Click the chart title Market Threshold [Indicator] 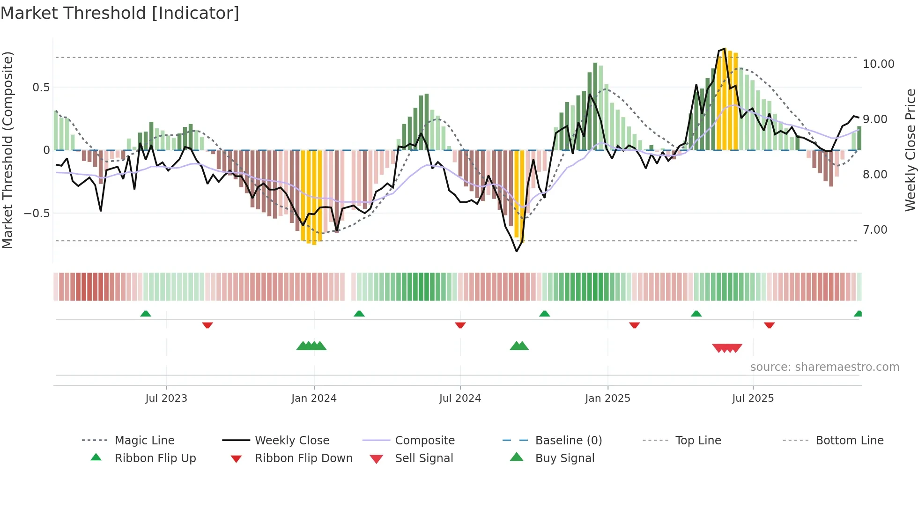[x=120, y=13]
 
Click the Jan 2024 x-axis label [x=314, y=398]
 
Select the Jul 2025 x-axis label [x=753, y=398]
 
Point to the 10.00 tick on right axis [x=878, y=64]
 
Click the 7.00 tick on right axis [x=875, y=230]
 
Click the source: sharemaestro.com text [x=824, y=367]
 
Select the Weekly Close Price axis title [x=910, y=150]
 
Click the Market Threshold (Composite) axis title [x=7, y=150]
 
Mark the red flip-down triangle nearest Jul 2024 [x=460, y=324]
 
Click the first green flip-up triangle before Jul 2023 [x=146, y=314]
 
